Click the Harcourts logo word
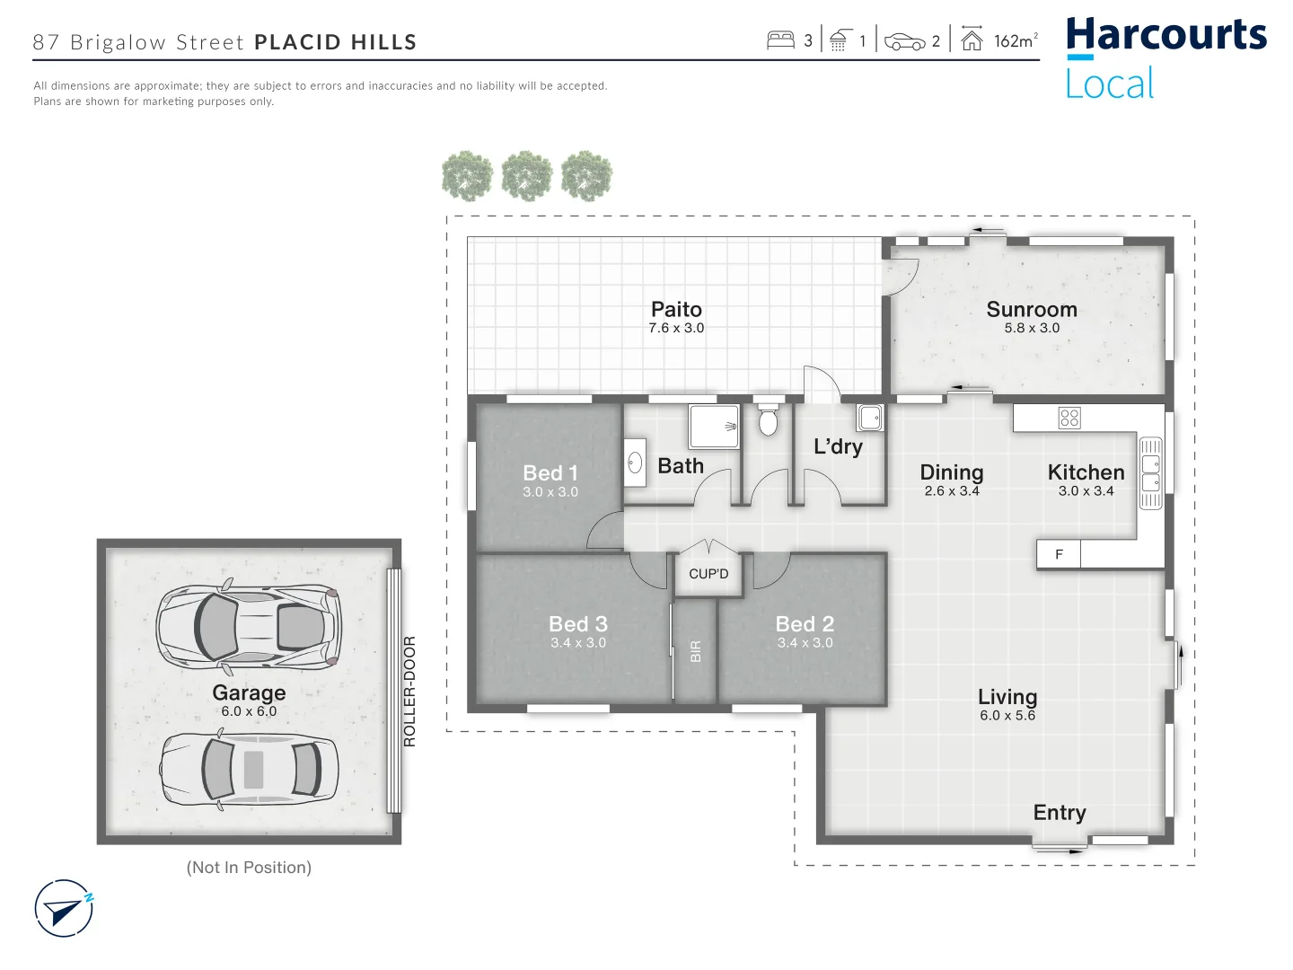pos(1165,36)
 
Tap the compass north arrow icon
pos(64,909)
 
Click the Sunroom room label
pos(1031,309)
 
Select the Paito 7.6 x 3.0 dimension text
pos(676,329)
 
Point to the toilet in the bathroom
pos(768,420)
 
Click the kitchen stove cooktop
pos(1069,418)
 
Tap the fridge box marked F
pos(1059,554)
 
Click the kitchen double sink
pos(1150,473)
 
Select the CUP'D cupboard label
pos(708,574)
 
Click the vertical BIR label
pos(695,651)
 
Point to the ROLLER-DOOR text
pos(409,691)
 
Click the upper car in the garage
pos(249,626)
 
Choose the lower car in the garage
pos(249,769)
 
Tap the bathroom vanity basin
pos(635,463)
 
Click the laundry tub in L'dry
pos(869,418)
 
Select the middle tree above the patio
pos(527,176)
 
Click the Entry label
pos(1059,813)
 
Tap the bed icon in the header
pos(780,40)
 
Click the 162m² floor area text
pos(1015,40)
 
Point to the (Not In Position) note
pos(249,868)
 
